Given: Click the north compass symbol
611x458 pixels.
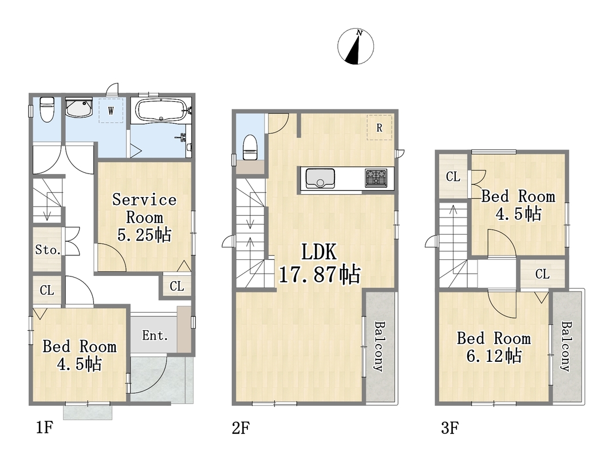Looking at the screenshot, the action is point(356,46).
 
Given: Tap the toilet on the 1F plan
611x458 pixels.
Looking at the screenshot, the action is point(47,109).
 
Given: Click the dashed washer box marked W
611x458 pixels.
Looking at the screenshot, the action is point(111,110).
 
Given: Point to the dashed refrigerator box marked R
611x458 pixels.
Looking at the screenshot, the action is point(379,127).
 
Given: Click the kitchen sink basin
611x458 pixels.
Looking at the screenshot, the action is point(320,179).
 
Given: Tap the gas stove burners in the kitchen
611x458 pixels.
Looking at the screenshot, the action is point(376,178).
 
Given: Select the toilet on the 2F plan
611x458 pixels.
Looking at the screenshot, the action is point(250,147).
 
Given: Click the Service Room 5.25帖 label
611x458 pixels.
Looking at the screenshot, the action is point(144,218).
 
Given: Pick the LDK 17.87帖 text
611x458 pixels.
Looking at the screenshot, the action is point(320,263).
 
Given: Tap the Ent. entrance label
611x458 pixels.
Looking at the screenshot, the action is point(155,335).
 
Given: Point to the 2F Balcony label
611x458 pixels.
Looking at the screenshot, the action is point(379,346).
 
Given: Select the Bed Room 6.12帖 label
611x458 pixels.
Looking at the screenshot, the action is point(494,347).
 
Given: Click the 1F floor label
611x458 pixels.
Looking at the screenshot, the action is point(45,428).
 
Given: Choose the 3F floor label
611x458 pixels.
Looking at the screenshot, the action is point(450,428).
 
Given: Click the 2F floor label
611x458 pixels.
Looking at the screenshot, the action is point(241,428).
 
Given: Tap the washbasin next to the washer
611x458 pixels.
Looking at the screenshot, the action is point(78,107).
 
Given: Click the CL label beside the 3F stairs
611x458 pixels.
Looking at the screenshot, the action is point(453,177).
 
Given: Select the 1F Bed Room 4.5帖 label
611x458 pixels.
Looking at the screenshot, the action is point(80,355).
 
